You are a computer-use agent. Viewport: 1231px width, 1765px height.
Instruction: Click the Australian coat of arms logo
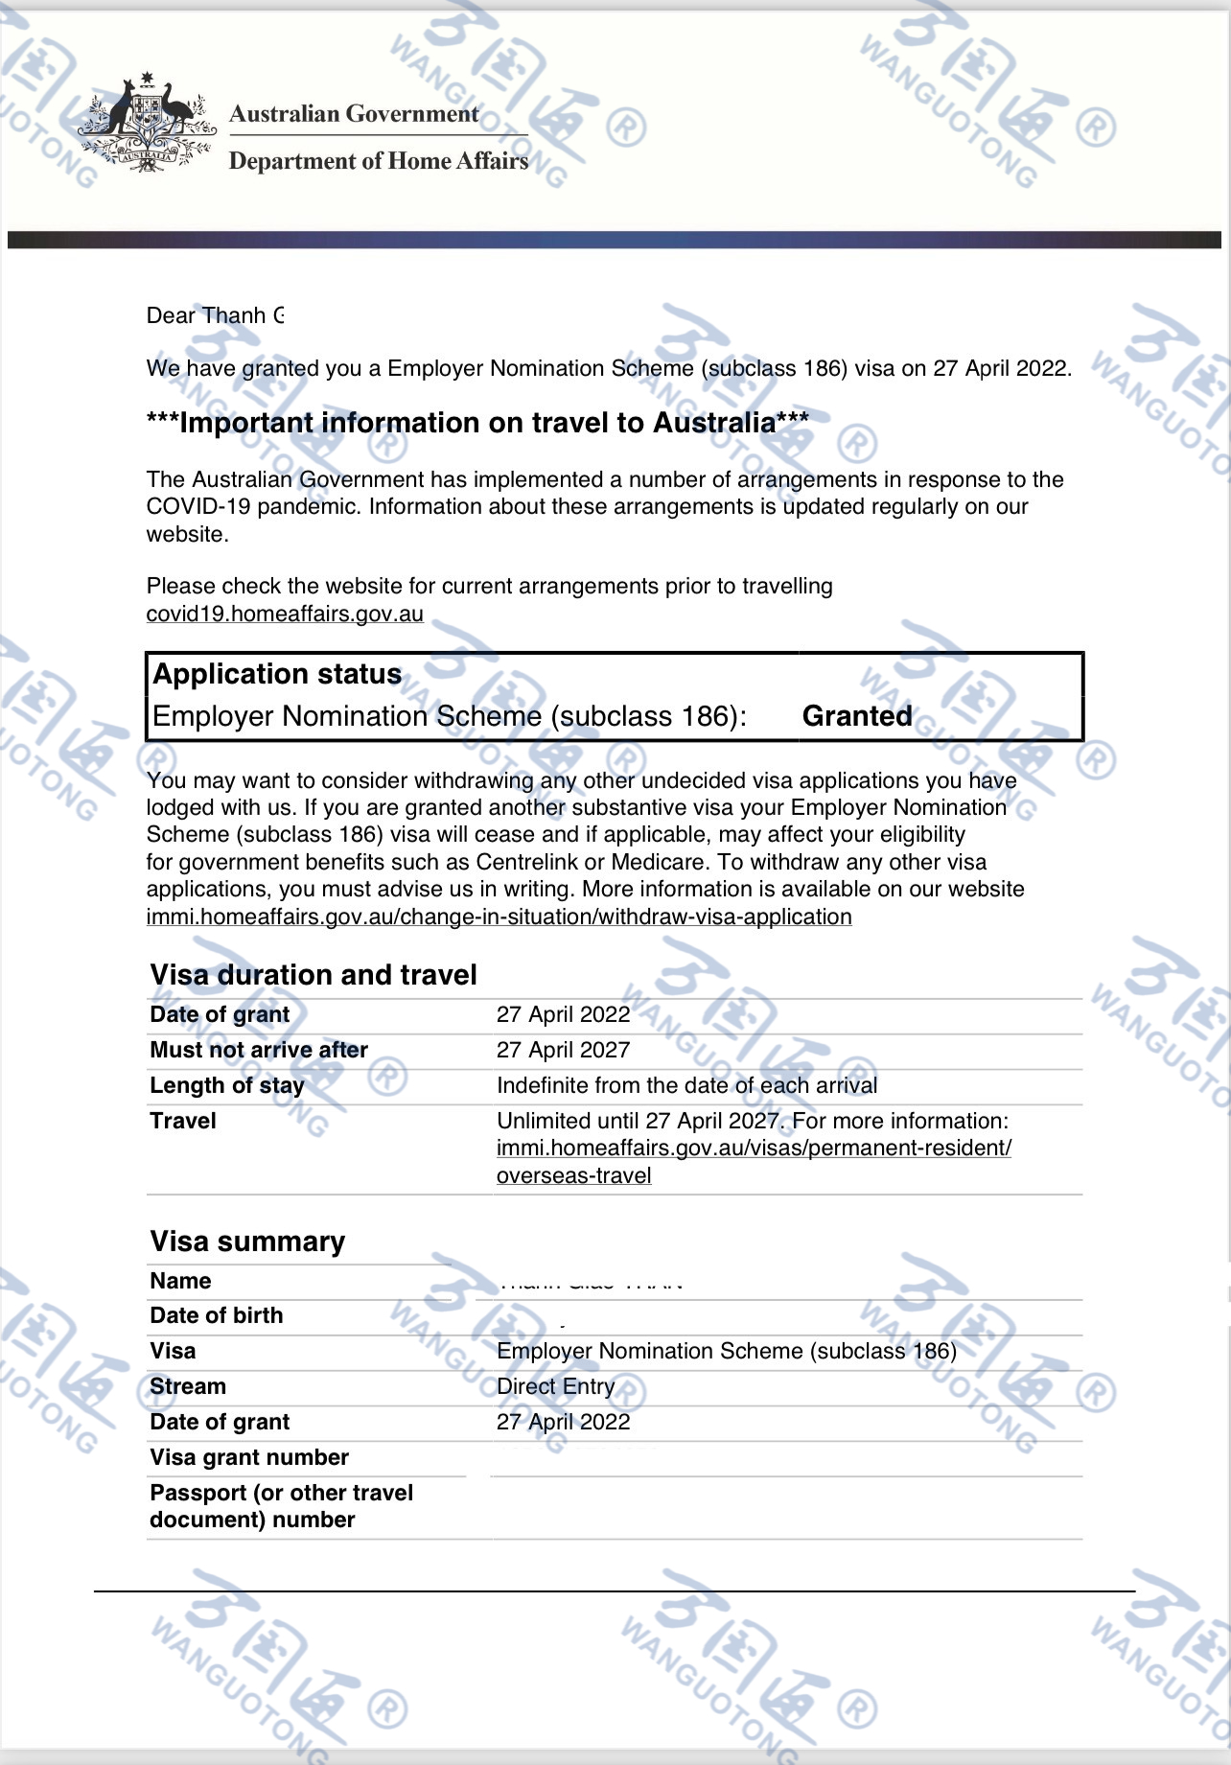[x=146, y=123]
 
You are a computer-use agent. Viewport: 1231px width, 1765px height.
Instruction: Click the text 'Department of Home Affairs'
[x=378, y=161]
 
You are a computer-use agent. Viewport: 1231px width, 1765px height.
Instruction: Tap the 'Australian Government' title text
[x=354, y=114]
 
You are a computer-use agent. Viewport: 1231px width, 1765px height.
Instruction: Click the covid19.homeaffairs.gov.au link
[x=285, y=614]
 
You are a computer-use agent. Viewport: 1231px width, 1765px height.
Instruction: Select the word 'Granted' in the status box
[x=857, y=716]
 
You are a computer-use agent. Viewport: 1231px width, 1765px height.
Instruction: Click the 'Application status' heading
[x=277, y=674]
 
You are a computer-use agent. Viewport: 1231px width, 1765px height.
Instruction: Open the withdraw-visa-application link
[x=499, y=917]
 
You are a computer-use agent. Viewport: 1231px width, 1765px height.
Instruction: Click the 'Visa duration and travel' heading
[x=314, y=975]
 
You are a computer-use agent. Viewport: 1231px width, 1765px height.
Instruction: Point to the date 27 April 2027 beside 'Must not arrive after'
[x=563, y=1050]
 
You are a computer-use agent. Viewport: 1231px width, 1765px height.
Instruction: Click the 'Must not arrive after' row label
[x=259, y=1050]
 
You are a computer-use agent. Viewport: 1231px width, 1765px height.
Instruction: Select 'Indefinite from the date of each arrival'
[x=686, y=1085]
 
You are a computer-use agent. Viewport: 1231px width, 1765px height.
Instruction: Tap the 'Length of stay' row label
[x=227, y=1085]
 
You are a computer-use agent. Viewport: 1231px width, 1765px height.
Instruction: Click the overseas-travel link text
[x=573, y=1175]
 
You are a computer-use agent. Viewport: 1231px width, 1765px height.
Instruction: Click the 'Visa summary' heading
[x=247, y=1242]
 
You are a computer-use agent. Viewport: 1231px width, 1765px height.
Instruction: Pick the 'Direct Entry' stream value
[x=555, y=1386]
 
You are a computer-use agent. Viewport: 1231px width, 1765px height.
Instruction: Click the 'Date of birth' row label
[x=217, y=1315]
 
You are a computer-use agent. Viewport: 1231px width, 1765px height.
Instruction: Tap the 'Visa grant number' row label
[x=249, y=1457]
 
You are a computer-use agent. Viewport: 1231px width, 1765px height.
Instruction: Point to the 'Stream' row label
[x=188, y=1386]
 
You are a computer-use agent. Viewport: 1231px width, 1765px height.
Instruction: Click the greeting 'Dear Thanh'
[x=206, y=315]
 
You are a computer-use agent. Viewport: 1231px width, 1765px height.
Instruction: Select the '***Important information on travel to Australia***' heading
[x=477, y=423]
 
